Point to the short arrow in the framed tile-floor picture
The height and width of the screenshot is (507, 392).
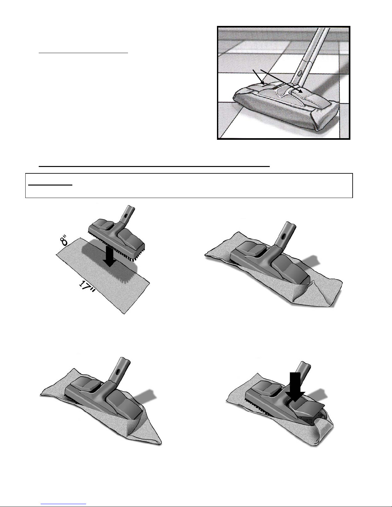(x=259, y=77)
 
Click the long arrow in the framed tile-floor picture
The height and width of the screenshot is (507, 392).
(x=282, y=81)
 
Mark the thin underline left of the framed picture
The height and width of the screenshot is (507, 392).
(x=83, y=53)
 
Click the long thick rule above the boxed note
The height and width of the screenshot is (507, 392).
(x=154, y=167)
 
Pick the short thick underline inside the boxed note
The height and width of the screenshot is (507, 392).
(x=50, y=185)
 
